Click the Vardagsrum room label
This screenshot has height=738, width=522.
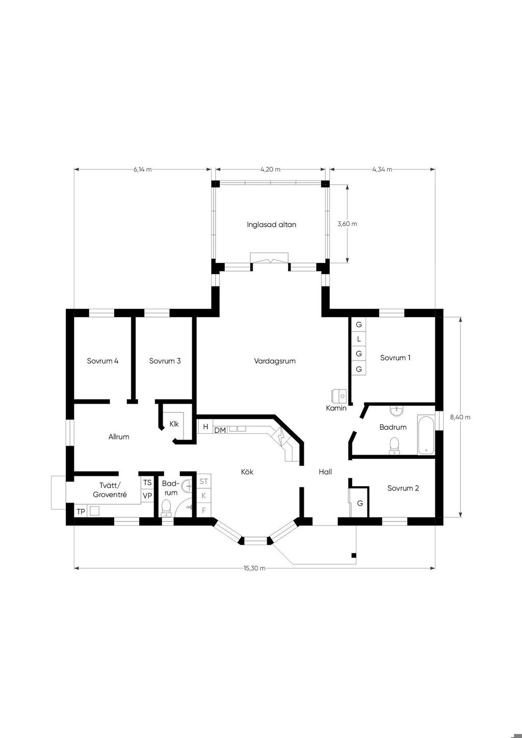click(275, 361)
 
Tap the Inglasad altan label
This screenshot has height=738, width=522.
click(272, 224)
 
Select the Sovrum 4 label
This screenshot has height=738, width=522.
click(102, 361)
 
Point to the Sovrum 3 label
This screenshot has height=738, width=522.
click(165, 361)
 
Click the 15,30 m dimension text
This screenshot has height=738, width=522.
click(254, 568)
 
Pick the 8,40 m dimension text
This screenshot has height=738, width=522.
click(460, 417)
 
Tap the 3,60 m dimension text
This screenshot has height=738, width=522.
click(347, 224)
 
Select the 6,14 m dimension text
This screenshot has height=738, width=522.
click(143, 169)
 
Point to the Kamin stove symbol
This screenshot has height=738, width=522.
click(339, 395)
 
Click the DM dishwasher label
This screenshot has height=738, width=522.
click(220, 430)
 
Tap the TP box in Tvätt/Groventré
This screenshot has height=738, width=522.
click(81, 512)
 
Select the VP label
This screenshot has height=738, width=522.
click(147, 495)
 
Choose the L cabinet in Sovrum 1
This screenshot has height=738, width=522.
click(359, 339)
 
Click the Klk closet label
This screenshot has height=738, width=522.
click(174, 424)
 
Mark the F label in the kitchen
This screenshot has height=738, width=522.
click(204, 510)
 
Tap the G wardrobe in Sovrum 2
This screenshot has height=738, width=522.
click(360, 504)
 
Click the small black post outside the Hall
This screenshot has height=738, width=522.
click(354, 556)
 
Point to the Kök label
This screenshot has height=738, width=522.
click(247, 472)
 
